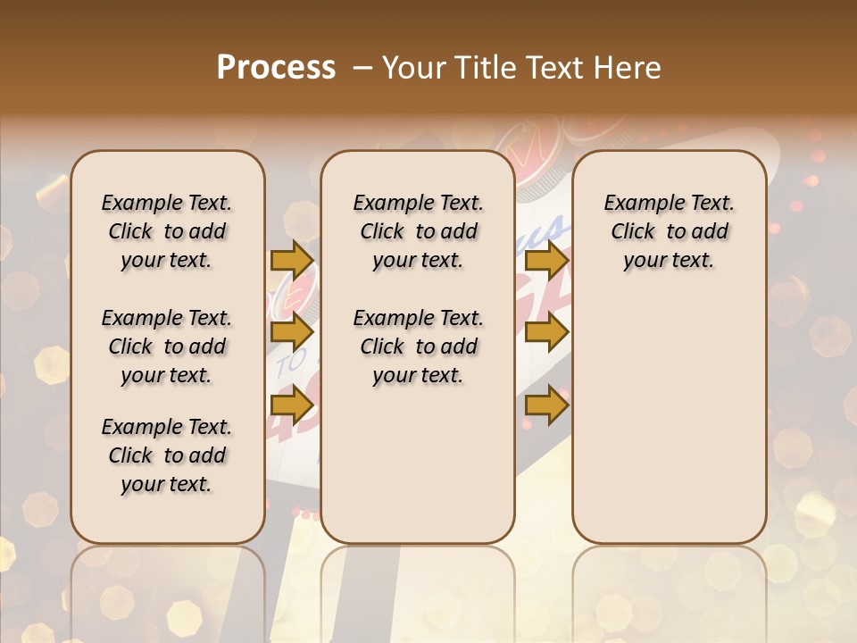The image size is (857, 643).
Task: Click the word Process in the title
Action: coord(276,67)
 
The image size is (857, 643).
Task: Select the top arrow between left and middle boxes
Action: coord(292,260)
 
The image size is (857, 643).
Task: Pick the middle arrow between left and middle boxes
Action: coord(292,333)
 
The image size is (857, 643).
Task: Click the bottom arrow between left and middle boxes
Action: coord(292,405)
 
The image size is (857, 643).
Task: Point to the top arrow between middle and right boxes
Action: coord(546,260)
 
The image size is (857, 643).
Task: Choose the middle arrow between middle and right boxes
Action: coord(546,333)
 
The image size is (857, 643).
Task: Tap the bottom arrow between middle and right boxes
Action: coord(546,405)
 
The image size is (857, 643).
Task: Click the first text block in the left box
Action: coord(167,231)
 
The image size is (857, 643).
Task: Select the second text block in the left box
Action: coord(167,347)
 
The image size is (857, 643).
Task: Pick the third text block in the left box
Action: coord(167,455)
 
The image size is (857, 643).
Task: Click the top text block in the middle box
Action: coord(418,231)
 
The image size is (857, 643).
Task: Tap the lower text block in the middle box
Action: coord(418,347)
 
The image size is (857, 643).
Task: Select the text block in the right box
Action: coord(669,231)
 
